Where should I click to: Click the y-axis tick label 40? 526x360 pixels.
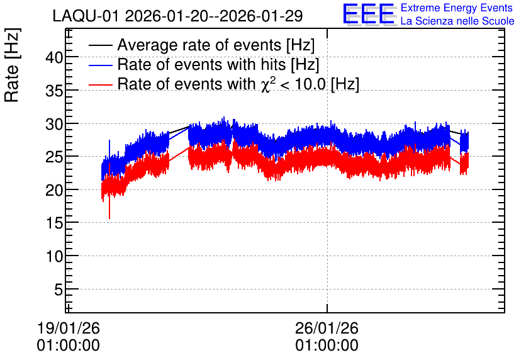54,58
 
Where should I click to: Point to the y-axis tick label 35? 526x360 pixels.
54,91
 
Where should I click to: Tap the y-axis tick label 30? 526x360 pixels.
54,124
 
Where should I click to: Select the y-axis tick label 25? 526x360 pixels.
54,157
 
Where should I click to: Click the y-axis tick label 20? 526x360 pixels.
54,190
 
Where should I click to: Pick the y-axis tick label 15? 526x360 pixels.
54,223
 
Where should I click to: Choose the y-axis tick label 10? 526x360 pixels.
54,256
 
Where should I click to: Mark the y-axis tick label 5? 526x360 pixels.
59,290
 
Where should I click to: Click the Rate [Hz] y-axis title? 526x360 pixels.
13,65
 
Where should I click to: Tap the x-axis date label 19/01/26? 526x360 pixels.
69,328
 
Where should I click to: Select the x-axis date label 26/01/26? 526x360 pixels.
327,328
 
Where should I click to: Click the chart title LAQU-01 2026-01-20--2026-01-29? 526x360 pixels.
177,16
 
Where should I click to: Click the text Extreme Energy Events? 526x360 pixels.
457,8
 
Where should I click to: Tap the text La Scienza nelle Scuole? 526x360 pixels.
457,21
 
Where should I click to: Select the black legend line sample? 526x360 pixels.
100,45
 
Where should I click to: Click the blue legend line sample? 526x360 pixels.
100,65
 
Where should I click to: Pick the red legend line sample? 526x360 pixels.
100,84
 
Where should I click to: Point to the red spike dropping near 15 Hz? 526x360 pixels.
109,208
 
